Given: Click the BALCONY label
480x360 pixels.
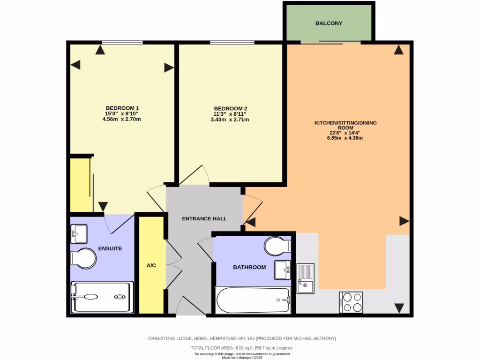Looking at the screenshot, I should [x=329, y=23].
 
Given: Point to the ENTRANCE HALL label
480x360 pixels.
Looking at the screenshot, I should [x=204, y=218].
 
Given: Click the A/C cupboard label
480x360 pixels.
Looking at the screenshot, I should [x=151, y=265].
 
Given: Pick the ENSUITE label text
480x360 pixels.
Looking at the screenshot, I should [x=110, y=248].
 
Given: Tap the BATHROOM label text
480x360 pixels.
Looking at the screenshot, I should [x=249, y=267].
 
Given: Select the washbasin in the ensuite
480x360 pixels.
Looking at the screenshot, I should [x=79, y=233].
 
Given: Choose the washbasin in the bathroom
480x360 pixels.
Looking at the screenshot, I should [x=282, y=270].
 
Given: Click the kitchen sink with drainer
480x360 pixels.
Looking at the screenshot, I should [x=306, y=278].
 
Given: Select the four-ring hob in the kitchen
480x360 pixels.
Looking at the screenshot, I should [x=351, y=302].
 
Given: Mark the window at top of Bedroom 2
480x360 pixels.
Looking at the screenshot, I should [x=232, y=43].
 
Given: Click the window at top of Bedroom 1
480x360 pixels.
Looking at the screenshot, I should [x=122, y=43].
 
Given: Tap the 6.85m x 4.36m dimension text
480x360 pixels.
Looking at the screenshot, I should [x=345, y=138].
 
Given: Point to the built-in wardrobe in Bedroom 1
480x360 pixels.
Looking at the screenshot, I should [x=80, y=185].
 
